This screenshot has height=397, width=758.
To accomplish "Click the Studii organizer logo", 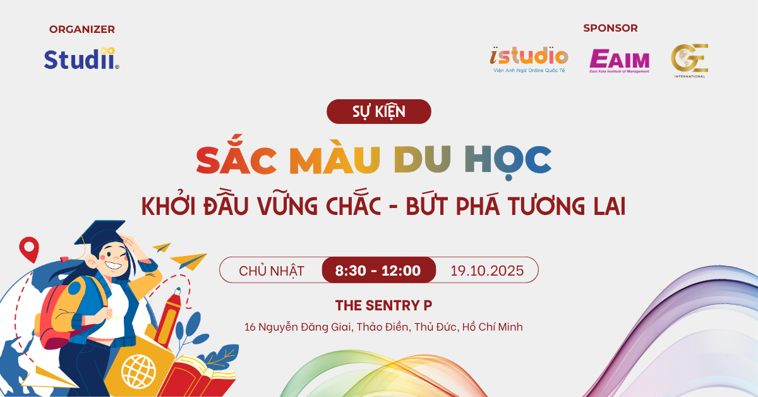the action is tap(81, 59).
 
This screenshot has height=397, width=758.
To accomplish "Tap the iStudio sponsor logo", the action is tap(529, 59).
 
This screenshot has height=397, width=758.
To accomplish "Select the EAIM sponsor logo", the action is tap(619, 61).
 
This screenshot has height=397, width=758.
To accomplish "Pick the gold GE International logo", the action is tap(690, 61).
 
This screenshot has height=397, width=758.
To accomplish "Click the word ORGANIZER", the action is tap(82, 30).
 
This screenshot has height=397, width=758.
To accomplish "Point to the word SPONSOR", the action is tap(610, 28).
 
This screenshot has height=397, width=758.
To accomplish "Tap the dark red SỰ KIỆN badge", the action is tap(378, 111).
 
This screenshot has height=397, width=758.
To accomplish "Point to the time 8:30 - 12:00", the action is tap(378, 271).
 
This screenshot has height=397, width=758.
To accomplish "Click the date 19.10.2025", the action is tap(487, 271).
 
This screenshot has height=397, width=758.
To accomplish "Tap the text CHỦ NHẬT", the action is tap(272, 271).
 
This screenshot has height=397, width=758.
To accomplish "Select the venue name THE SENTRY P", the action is tap(383, 305).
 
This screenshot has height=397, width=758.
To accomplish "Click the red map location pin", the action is tap(29, 249).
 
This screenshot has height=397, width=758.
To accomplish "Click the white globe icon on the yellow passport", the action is tap(138, 372).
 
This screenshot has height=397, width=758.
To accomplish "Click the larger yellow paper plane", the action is tap(188, 262).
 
